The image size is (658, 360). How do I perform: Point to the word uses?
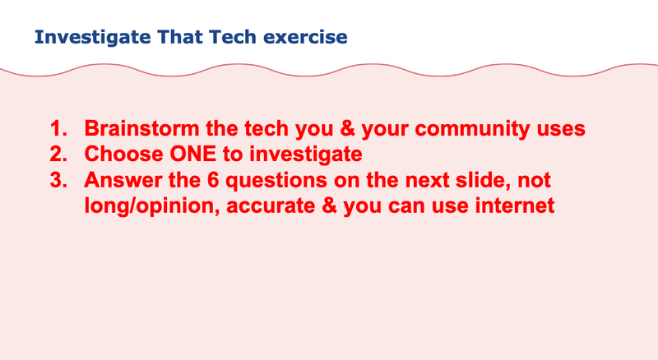563,129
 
